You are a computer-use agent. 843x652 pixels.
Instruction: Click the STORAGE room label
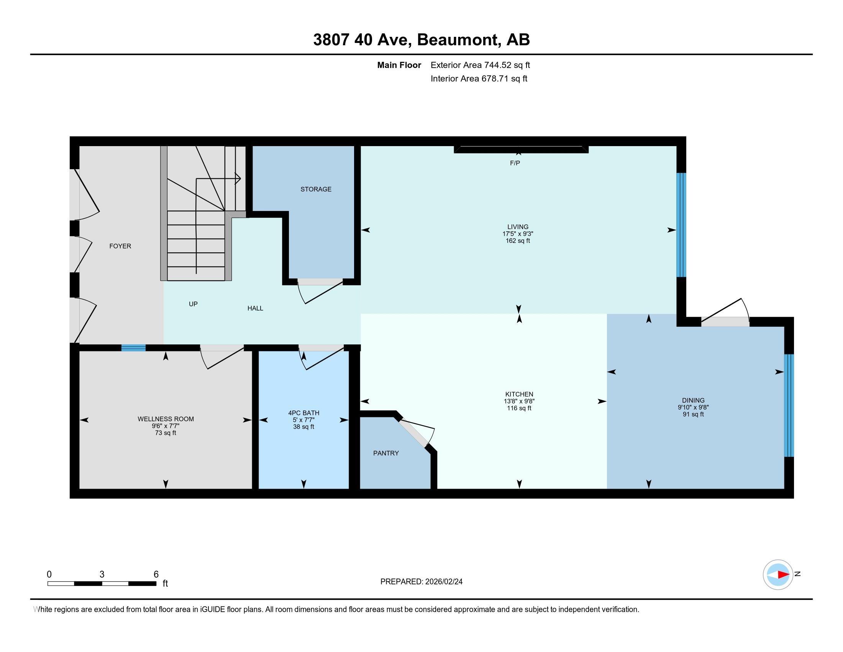pos(316,189)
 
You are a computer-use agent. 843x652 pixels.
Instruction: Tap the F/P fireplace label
pos(515,163)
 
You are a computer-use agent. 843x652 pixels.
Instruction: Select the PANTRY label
pos(385,453)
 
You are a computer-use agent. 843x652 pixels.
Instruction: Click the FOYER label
pos(120,246)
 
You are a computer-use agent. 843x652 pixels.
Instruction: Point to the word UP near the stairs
pos(193,304)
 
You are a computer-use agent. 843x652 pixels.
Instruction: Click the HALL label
pos(255,308)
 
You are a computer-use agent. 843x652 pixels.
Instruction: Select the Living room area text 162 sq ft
pos(518,240)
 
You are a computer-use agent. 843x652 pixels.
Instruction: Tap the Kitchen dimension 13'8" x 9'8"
pos(519,401)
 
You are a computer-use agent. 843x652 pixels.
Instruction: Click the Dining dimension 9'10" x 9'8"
pos(693,407)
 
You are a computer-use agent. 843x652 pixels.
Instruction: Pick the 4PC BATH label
pos(303,413)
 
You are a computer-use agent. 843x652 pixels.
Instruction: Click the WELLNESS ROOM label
pos(166,419)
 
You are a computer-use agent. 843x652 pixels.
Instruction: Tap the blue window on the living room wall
pos(681,225)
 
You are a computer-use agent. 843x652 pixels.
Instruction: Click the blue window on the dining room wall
pos(789,405)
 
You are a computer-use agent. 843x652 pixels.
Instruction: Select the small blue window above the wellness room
pos(134,347)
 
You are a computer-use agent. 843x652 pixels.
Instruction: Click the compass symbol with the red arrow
pos(778,575)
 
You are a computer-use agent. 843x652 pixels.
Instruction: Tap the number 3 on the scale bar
pos(102,575)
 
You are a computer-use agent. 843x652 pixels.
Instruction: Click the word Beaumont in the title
pos(457,40)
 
